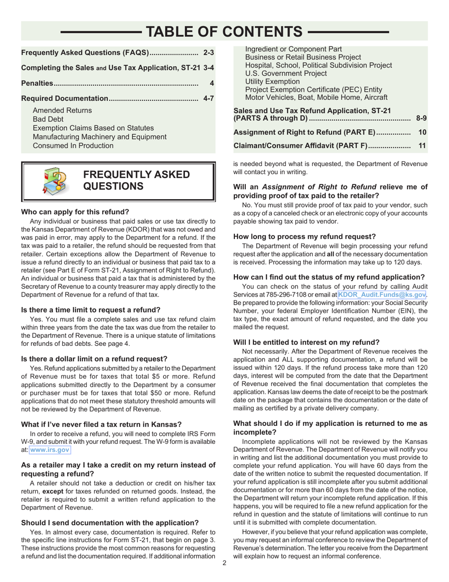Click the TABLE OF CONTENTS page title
(224, 31)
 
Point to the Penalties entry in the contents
(38, 83)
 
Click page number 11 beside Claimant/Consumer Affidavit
(422, 146)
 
